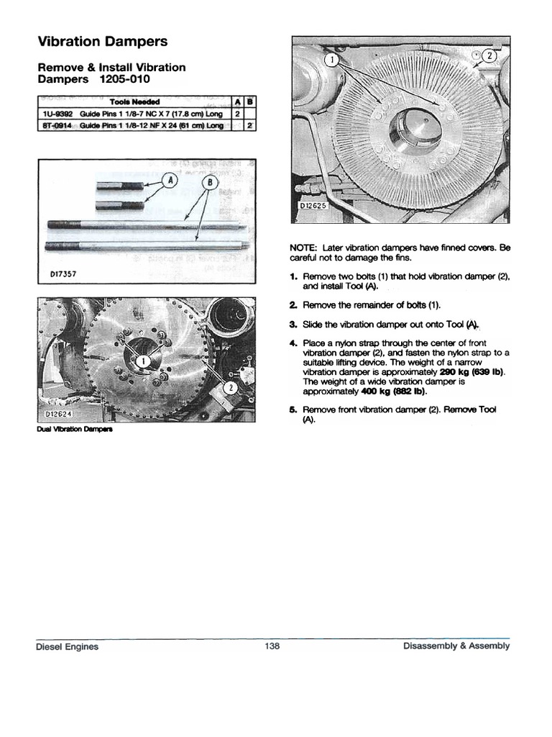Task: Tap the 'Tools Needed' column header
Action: click(134, 102)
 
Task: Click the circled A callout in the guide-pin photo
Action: click(170, 181)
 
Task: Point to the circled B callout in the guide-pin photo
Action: click(210, 183)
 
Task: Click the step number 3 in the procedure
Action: click(293, 324)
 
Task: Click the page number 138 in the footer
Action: click(272, 646)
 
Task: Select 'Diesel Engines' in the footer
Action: click(67, 646)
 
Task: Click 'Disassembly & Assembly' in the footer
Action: click(456, 646)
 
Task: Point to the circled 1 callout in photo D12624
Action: click(144, 359)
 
